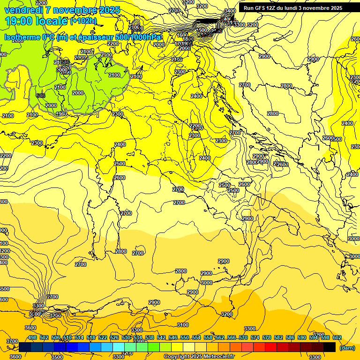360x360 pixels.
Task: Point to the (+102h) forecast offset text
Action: [x=83, y=21]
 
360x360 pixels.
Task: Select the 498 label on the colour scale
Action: [x=32, y=338]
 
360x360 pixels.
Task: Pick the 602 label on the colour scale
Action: [x=337, y=338]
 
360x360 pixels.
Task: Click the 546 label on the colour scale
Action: [x=173, y=338]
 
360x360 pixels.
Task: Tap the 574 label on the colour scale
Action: [x=255, y=338]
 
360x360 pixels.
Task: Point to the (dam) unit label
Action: [x=347, y=348]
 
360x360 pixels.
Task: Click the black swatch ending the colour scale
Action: [x=330, y=347]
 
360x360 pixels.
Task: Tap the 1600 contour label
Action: [x=183, y=35]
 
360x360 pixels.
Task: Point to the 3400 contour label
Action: [x=230, y=11]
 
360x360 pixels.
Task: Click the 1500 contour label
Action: [x=202, y=30]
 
